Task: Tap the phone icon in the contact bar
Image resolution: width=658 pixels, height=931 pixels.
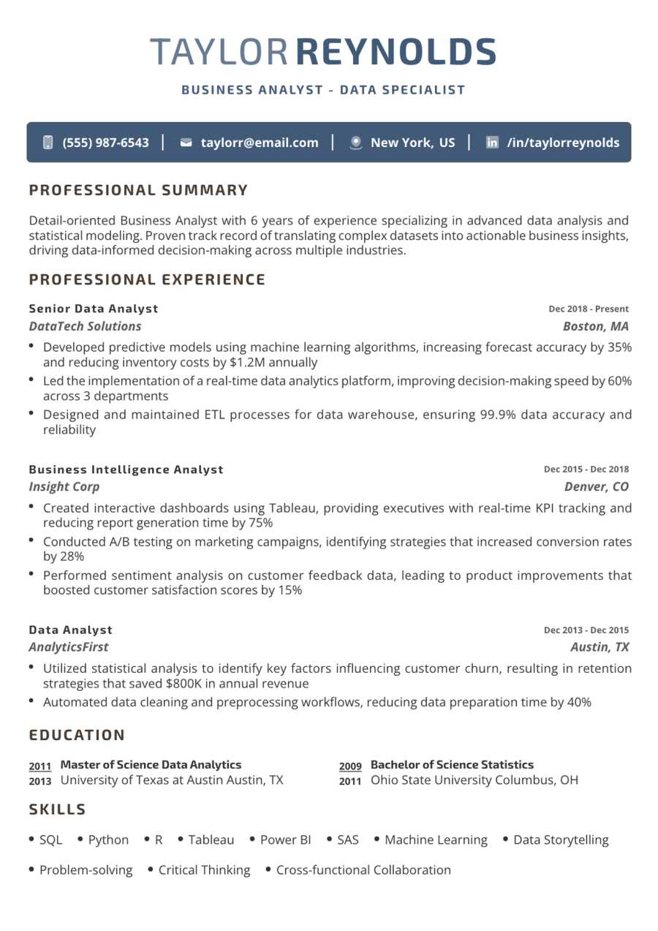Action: point(48,143)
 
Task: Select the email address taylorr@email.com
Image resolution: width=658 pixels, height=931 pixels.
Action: point(260,143)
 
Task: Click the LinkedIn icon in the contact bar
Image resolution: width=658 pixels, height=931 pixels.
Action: point(493,143)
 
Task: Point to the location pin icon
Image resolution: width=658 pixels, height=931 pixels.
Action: point(356,143)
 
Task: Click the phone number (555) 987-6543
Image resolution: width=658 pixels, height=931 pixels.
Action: point(106,143)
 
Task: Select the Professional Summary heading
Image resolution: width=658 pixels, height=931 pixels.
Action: point(138,191)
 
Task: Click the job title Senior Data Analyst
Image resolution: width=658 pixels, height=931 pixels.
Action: point(94,309)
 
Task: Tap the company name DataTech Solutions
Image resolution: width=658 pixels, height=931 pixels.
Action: point(85,326)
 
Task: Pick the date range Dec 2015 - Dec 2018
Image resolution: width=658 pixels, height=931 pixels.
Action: point(586,470)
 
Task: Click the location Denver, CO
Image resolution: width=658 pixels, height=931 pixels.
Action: point(596,487)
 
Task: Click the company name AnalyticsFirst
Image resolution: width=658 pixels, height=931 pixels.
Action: point(69,647)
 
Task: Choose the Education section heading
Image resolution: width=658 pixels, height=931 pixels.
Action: point(77,735)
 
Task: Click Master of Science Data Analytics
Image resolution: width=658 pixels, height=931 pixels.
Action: point(151,765)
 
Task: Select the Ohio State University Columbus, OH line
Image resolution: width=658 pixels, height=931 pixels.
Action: point(474,780)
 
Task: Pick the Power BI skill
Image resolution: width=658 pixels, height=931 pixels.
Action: point(285,840)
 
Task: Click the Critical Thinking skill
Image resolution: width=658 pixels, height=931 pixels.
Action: point(204,870)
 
